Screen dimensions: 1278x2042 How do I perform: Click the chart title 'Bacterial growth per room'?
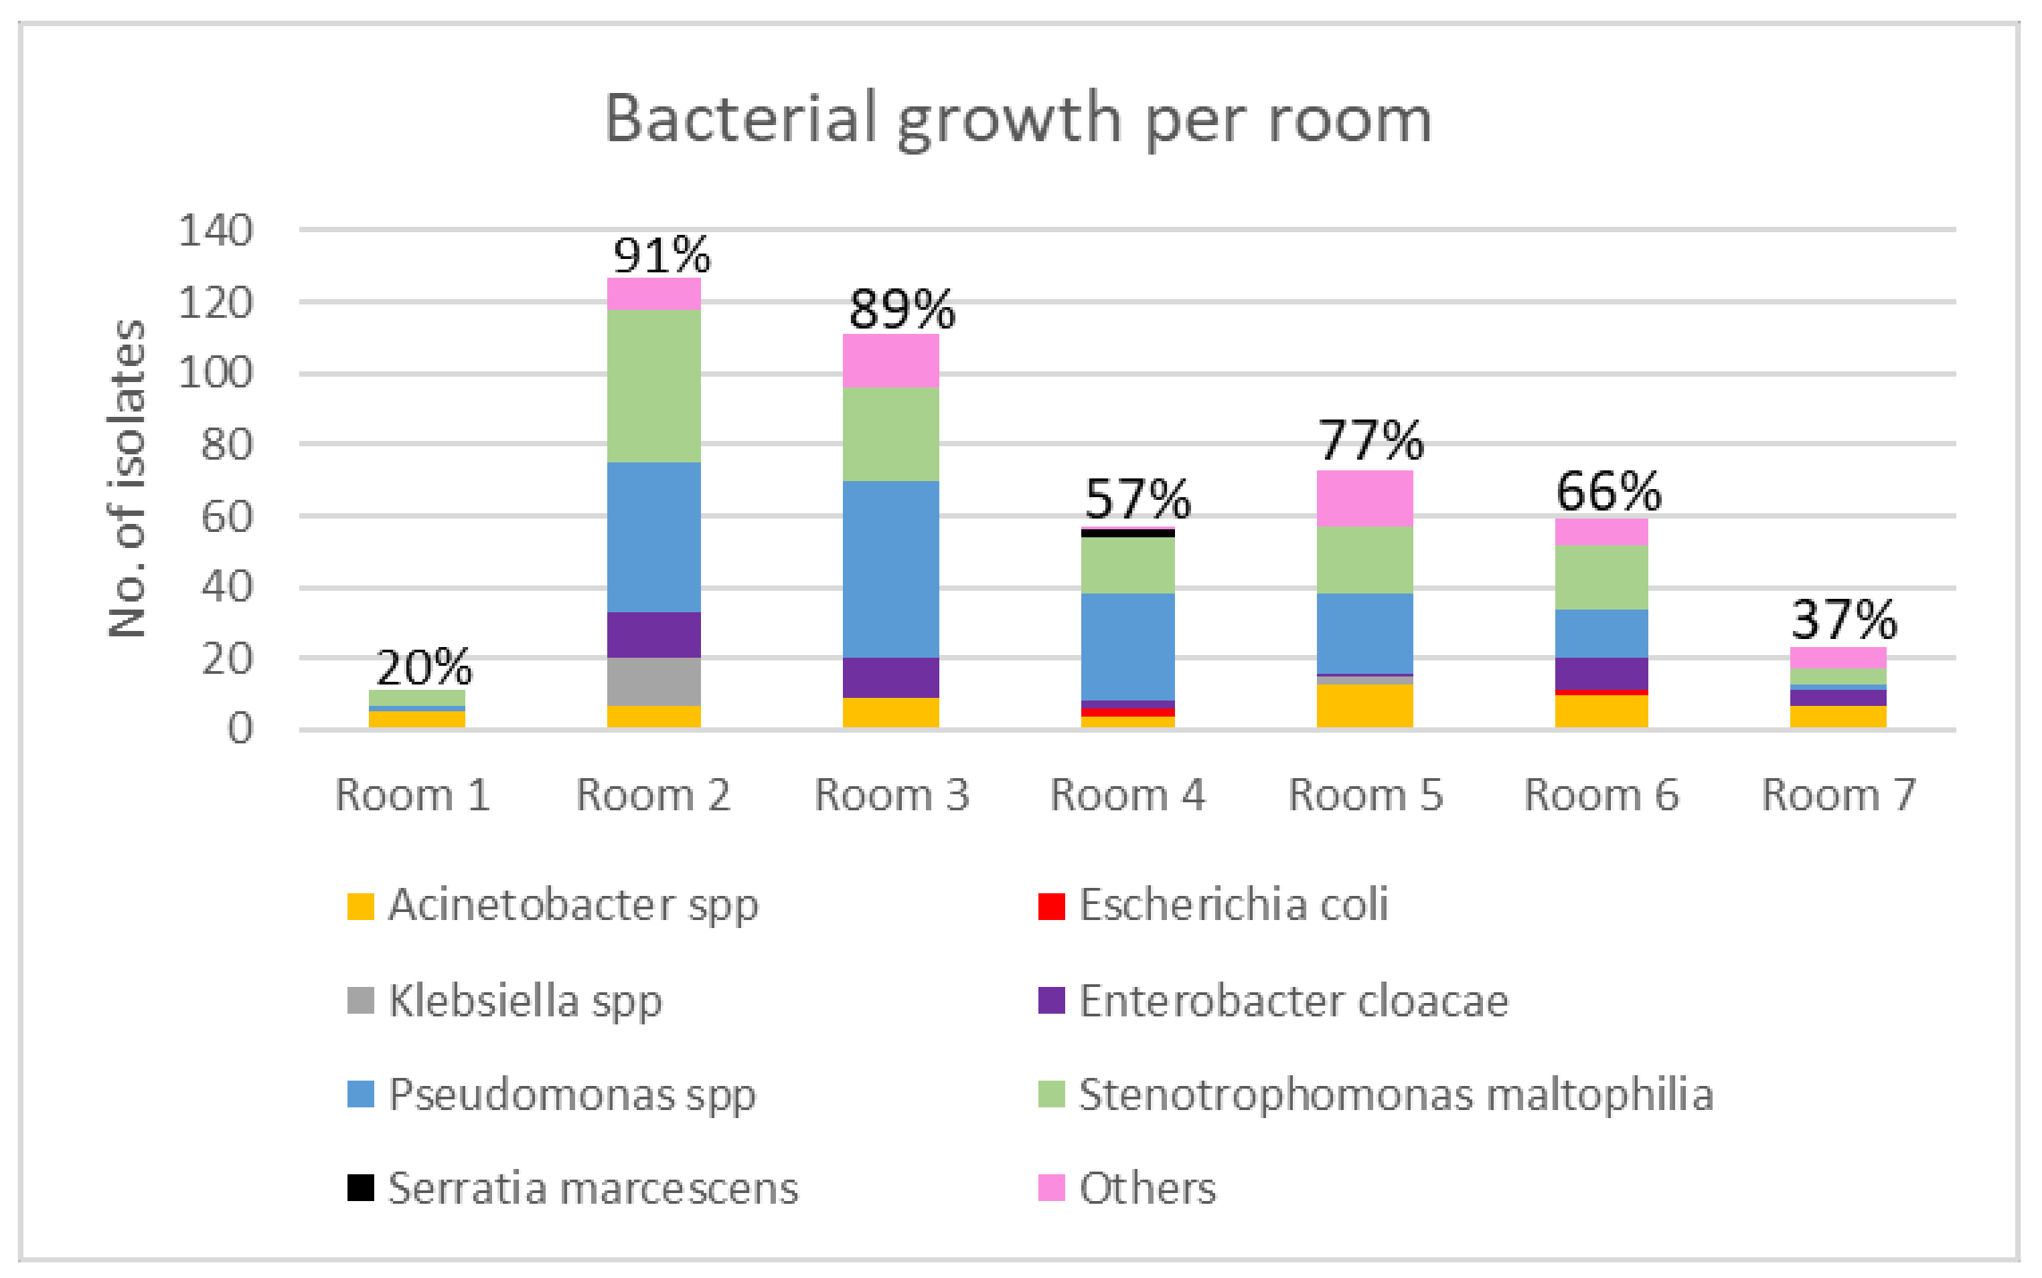tap(1018, 119)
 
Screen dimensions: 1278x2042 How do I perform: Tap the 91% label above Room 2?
tap(662, 255)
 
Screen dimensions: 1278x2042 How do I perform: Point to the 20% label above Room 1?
tap(424, 668)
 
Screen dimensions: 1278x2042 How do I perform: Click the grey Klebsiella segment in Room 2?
tap(653, 681)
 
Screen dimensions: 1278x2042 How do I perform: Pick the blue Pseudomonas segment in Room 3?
tap(890, 569)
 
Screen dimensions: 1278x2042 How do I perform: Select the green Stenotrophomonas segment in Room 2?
tap(653, 386)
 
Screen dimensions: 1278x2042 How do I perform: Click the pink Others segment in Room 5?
tap(1364, 498)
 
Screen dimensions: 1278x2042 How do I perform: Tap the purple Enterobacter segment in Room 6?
tap(1601, 674)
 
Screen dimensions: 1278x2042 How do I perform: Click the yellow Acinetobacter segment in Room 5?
tap(1364, 706)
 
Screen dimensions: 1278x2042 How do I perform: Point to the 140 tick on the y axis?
tap(216, 230)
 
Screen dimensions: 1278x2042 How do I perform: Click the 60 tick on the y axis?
tap(226, 517)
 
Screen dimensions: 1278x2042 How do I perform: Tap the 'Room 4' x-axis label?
tap(1127, 796)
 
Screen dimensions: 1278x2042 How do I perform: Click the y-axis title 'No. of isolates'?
tap(127, 478)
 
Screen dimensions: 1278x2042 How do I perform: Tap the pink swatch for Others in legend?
tap(1051, 1188)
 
